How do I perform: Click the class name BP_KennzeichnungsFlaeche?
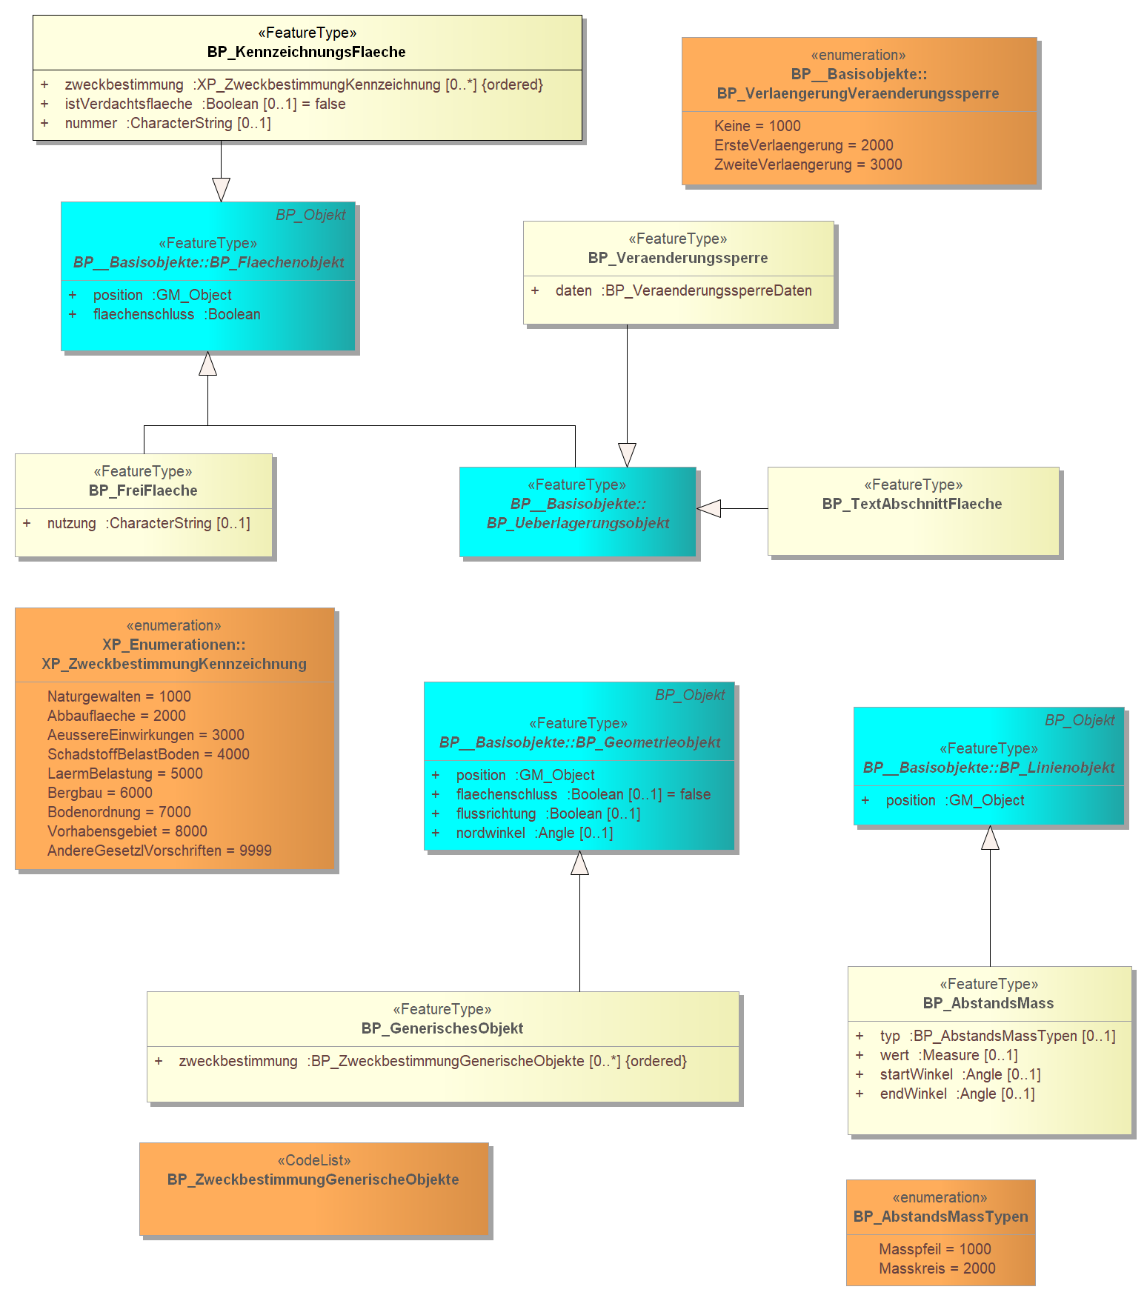click(307, 52)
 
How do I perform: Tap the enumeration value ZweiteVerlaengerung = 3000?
click(808, 164)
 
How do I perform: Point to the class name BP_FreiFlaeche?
click(143, 490)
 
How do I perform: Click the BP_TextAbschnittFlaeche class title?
click(912, 504)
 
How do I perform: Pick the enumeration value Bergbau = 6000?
click(100, 793)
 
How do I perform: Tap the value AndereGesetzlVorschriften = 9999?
click(159, 851)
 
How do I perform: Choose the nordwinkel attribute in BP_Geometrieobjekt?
click(523, 833)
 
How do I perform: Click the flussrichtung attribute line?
click(536, 813)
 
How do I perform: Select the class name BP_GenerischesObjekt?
click(442, 1028)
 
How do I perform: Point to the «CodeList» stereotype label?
click(314, 1160)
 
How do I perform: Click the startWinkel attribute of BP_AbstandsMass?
click(948, 1074)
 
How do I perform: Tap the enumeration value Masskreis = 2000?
click(937, 1268)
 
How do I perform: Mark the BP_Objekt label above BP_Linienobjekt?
click(1080, 720)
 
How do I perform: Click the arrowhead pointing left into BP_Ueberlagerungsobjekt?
click(709, 508)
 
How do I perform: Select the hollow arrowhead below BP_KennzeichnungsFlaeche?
click(221, 190)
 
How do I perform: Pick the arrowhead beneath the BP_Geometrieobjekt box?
click(579, 862)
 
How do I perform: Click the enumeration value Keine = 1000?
click(757, 126)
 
